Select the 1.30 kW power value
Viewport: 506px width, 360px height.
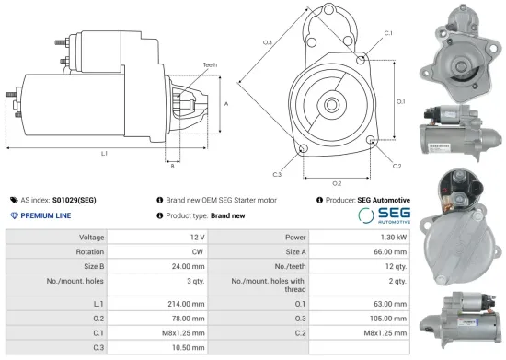click(389, 237)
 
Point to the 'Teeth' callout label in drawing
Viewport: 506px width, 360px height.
click(211, 64)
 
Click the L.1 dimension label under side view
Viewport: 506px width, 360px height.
click(104, 152)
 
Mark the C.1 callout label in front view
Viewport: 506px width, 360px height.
click(388, 33)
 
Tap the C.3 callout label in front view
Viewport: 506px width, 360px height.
click(277, 173)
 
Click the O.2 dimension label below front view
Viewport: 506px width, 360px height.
click(337, 182)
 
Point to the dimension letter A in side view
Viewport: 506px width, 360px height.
click(226, 104)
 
